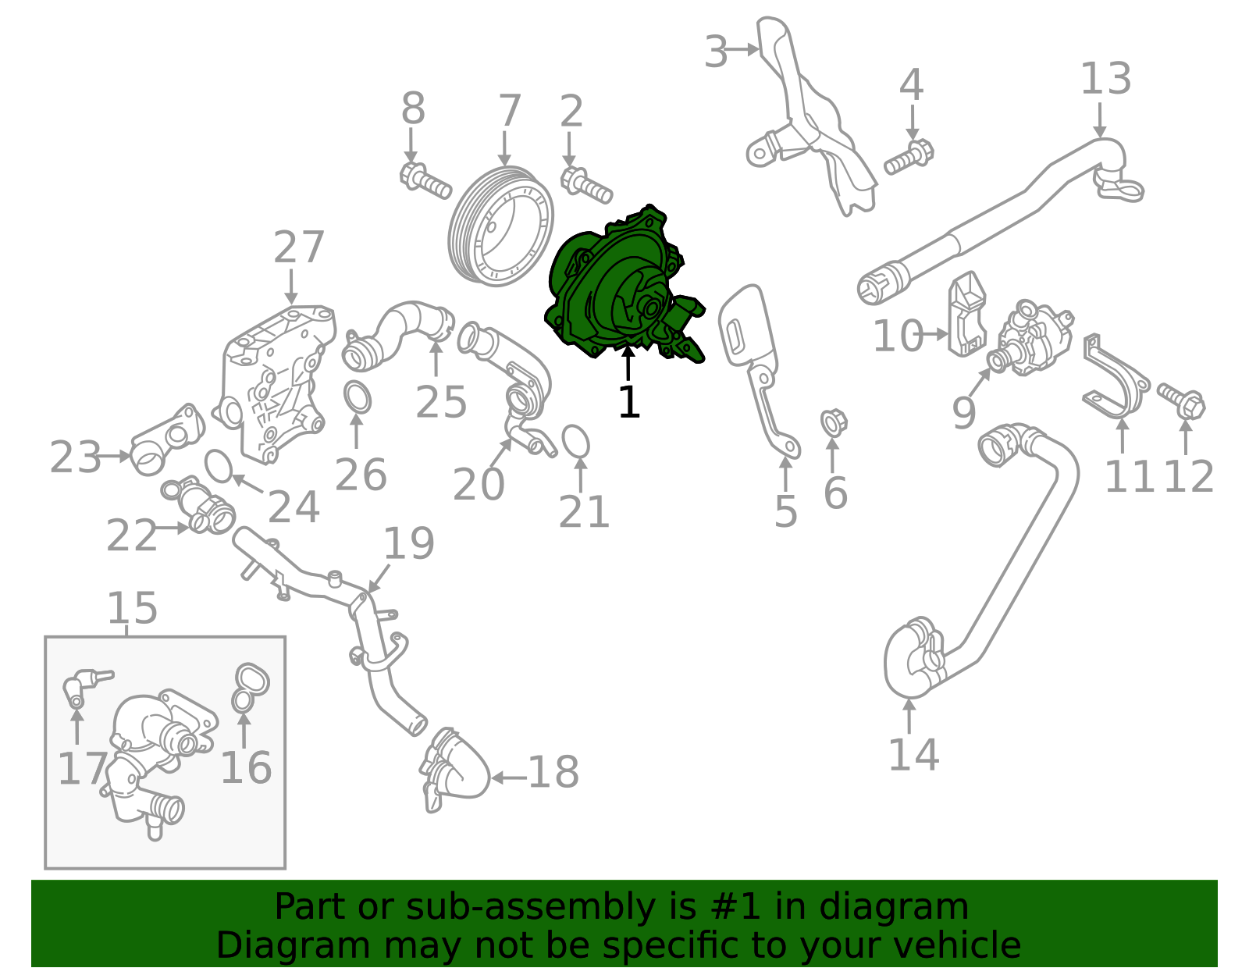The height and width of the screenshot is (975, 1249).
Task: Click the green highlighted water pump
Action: [617, 289]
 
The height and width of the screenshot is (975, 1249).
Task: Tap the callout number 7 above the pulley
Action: [509, 112]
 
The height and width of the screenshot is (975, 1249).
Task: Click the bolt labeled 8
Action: [425, 180]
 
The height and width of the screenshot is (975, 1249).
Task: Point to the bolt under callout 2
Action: [585, 184]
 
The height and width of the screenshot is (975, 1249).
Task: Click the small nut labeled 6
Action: [833, 422]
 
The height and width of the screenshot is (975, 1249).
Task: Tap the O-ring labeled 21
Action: [575, 441]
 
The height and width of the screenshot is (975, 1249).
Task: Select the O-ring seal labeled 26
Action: [357, 398]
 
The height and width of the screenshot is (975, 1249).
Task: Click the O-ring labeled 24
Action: [219, 466]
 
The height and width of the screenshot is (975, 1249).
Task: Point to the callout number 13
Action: [1105, 80]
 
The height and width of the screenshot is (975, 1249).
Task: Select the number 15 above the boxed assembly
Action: [132, 608]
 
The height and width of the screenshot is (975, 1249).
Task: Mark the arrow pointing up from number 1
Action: [628, 363]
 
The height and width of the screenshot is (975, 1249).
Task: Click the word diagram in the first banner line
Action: [910, 907]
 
